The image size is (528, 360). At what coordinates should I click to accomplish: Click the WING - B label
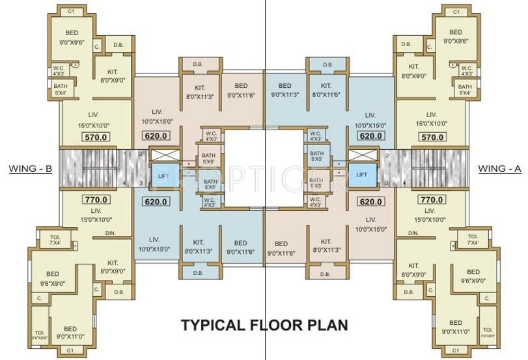[x=31, y=169]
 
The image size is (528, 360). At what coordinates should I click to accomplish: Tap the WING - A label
[x=499, y=169]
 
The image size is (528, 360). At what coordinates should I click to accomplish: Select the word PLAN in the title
[x=327, y=324]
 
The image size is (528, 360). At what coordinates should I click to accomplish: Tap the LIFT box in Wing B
[x=162, y=175]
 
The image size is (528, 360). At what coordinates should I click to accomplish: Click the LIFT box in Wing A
[x=362, y=175]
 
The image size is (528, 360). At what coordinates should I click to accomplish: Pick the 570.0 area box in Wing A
[x=432, y=137]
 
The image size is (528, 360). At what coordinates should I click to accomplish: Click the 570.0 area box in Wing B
[x=96, y=137]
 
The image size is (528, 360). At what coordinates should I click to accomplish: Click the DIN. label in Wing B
[x=110, y=232]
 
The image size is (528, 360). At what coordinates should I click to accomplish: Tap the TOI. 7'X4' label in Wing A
[x=472, y=240]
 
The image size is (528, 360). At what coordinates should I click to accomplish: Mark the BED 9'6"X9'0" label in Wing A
[x=473, y=275]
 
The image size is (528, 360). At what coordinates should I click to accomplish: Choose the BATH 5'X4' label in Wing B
[x=61, y=90]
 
